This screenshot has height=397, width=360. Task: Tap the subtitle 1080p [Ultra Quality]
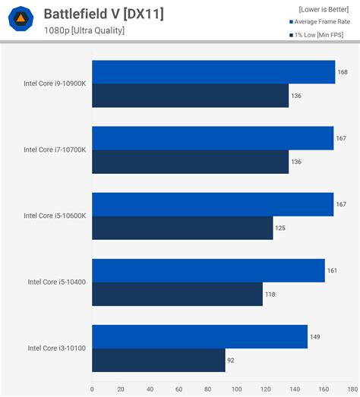pyautogui.click(x=84, y=30)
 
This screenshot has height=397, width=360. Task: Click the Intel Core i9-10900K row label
pyautogui.click(x=55, y=83)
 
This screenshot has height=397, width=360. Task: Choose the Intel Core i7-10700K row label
pyautogui.click(x=55, y=150)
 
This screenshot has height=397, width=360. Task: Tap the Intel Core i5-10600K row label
pyautogui.click(x=55, y=216)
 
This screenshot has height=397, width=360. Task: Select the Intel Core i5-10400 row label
pyautogui.click(x=58, y=282)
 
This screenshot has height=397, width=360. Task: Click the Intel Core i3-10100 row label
pyautogui.click(x=58, y=348)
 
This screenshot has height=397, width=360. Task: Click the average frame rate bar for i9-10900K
pyautogui.click(x=213, y=72)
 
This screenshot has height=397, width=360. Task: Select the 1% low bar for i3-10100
pyautogui.click(x=158, y=360)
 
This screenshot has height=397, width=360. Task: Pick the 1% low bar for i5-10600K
pyautogui.click(x=182, y=228)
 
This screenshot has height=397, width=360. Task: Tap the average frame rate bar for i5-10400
pyautogui.click(x=208, y=270)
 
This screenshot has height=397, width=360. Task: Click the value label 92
pyautogui.click(x=232, y=360)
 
